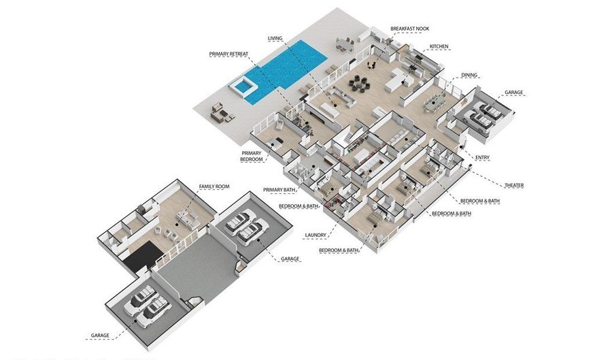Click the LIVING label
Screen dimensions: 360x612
click(x=275, y=39)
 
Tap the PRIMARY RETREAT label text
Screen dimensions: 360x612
click(x=228, y=53)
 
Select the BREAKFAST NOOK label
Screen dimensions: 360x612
click(x=409, y=29)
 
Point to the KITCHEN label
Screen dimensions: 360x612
click(x=439, y=47)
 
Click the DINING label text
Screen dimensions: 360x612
click(x=469, y=75)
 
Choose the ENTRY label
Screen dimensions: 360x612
click(x=483, y=158)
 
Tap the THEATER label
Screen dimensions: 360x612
click(x=513, y=185)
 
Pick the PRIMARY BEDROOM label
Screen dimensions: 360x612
click(x=251, y=157)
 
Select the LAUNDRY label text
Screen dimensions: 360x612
click(x=316, y=235)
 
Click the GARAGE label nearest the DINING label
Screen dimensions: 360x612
click(x=513, y=92)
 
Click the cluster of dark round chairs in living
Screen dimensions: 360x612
click(x=359, y=84)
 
